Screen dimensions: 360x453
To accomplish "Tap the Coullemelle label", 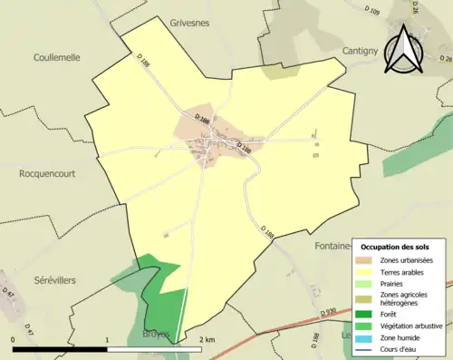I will point(57,57).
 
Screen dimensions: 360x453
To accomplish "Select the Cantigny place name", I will point(365,52).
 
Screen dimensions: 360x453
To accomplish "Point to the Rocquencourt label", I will point(46,172).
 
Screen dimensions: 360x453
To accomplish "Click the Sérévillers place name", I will point(55,281).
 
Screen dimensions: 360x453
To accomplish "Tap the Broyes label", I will point(157,335).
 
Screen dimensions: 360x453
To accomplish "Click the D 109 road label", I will point(371,12).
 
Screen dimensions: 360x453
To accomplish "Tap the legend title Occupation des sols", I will point(395,247).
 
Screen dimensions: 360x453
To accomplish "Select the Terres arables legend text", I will point(404,272).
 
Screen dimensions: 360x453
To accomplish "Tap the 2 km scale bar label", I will point(207,339).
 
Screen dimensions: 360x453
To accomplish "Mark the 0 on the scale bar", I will point(13,339).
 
